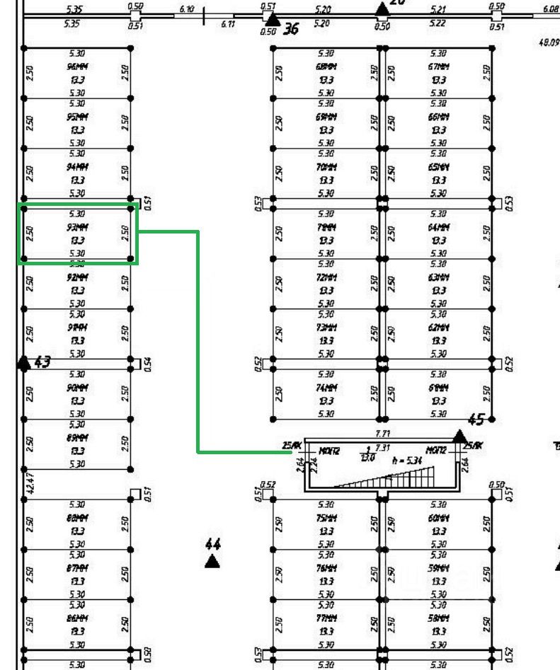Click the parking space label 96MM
click(x=78, y=66)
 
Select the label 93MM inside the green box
click(x=78, y=227)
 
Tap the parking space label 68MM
click(x=326, y=66)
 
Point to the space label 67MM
click(x=438, y=66)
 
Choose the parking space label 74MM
click(x=326, y=388)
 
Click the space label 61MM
click(x=438, y=388)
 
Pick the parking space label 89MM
click(x=78, y=438)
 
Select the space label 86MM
click(x=78, y=618)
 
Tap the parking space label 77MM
click(x=326, y=618)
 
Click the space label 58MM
click(x=438, y=618)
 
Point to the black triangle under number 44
click(x=212, y=562)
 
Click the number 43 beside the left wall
click(x=42, y=363)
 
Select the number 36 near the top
click(x=290, y=30)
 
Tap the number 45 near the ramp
click(x=476, y=420)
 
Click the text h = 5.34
click(x=407, y=459)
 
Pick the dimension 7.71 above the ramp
click(x=383, y=433)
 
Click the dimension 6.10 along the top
click(x=187, y=9)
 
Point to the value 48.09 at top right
click(x=549, y=42)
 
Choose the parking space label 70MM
click(x=326, y=167)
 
